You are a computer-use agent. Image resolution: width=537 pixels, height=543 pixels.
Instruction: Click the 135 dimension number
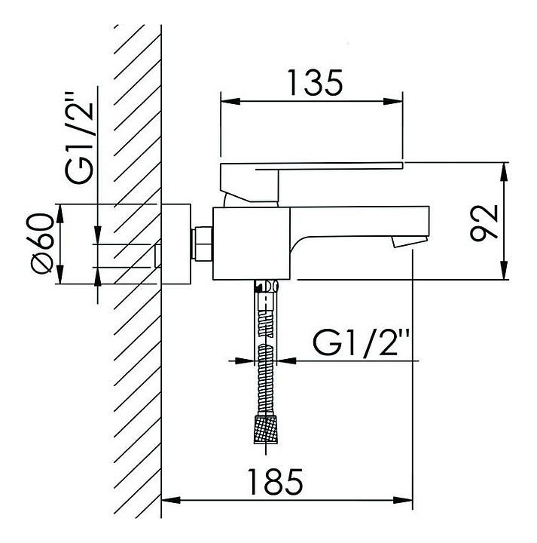[x=315, y=83]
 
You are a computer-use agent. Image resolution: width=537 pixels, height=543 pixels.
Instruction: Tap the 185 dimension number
[x=275, y=482]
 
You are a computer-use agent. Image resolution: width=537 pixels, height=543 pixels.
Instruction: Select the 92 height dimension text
[x=484, y=222]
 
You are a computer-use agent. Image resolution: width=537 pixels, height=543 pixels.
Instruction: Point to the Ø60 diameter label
[x=42, y=244]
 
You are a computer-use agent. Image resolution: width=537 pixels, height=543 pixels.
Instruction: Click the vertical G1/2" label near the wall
[x=79, y=138]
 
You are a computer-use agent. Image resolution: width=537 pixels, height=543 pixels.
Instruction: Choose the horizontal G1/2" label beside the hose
[x=361, y=342]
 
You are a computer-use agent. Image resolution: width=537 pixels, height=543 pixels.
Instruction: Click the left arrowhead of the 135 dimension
[x=230, y=102]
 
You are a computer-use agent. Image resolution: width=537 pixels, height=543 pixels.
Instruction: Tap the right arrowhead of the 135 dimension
[x=393, y=102]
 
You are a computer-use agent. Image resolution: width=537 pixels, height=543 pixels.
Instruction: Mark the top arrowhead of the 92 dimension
[x=505, y=171]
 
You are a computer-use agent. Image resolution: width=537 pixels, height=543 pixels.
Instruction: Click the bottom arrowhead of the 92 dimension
[x=505, y=270]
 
